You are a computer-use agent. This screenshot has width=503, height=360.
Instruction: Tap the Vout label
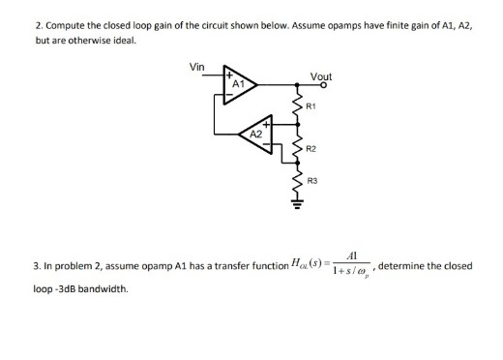pyautogui.click(x=321, y=75)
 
